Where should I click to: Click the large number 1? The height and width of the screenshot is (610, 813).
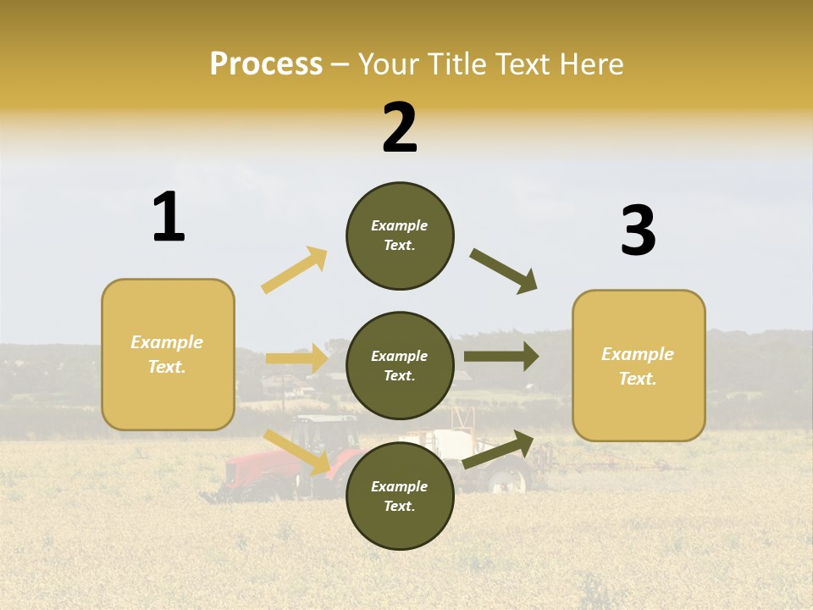pos(169,218)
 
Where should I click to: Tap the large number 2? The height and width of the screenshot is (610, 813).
pos(400,128)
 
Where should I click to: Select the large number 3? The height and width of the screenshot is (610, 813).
pos(638,231)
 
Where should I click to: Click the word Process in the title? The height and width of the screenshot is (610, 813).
pos(266,64)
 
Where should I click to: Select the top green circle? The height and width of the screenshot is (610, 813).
pos(400,236)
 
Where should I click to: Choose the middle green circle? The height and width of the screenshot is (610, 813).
pos(400,365)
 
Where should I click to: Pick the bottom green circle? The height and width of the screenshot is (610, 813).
pos(400,496)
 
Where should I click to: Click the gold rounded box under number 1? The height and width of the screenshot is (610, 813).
pos(168,354)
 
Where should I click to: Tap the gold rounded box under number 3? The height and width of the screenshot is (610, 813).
pos(639,365)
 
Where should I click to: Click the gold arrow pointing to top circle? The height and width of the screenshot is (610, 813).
pos(295,269)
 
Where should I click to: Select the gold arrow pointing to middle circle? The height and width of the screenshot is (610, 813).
pos(296,358)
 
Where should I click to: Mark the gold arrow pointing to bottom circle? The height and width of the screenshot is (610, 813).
pos(298,452)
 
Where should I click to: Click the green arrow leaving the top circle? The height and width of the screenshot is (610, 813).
pos(504,271)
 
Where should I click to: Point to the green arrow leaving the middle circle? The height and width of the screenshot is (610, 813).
pos(501,357)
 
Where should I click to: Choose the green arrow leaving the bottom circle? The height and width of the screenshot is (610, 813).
pos(499,449)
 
